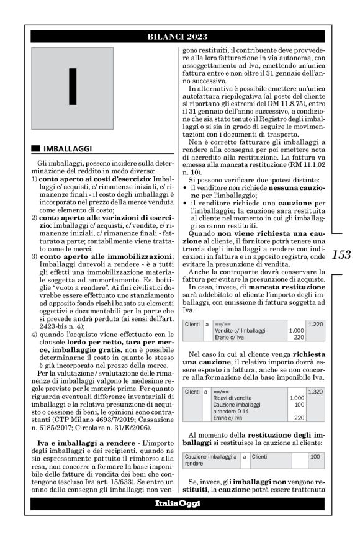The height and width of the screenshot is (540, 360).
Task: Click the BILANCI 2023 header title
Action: [x=180, y=36]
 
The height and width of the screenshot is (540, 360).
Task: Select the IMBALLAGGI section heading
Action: [x=68, y=149]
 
